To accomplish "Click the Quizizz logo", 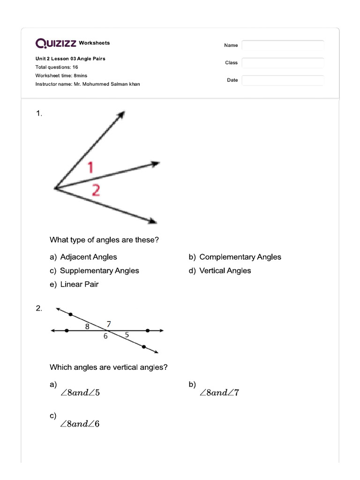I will [x=56, y=43].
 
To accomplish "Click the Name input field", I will [x=283, y=45].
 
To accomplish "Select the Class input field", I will [x=283, y=63].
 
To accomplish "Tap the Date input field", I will [x=283, y=80].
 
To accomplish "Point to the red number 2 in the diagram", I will [x=95, y=190].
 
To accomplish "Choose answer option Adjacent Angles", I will [x=89, y=257].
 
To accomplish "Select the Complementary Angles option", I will [x=240, y=257].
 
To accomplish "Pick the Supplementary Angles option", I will [x=99, y=270].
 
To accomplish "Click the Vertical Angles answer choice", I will [x=225, y=270].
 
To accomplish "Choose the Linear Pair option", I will [x=79, y=284].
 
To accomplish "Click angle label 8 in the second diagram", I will [x=87, y=326].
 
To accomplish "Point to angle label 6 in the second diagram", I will [x=105, y=336].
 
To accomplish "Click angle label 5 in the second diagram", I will [x=127, y=335].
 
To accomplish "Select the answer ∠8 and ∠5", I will [x=80, y=393].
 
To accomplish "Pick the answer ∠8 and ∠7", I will [x=219, y=393].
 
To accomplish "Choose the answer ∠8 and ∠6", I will [x=80, y=424].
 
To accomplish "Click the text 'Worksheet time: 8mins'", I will [x=61, y=75].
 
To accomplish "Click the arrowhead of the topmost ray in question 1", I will [x=122, y=114].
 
